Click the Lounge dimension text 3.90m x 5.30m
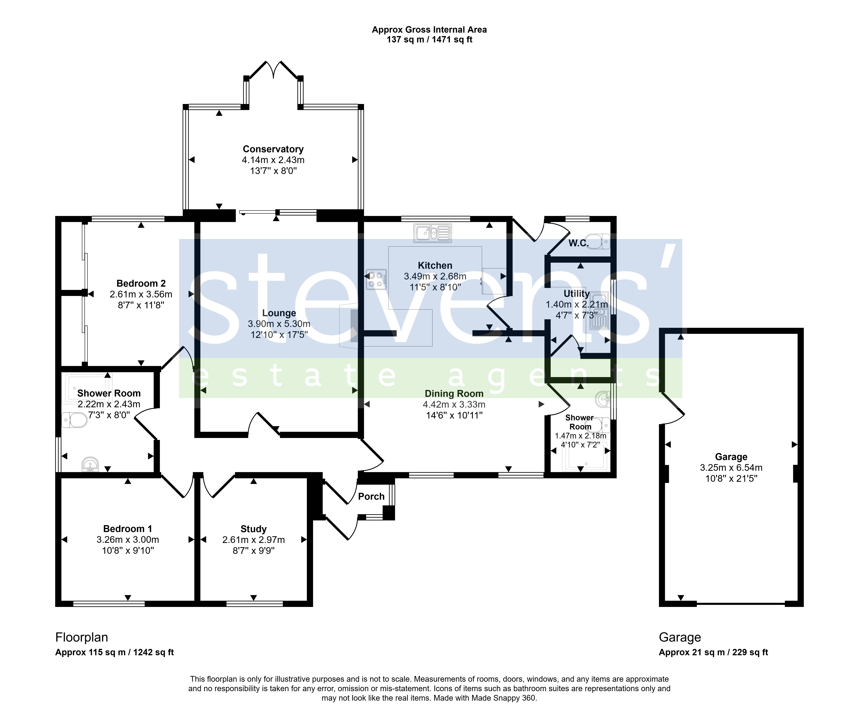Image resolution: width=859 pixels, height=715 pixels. [279, 324]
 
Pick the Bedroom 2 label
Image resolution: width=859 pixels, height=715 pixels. [141, 283]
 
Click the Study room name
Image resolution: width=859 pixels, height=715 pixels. [254, 529]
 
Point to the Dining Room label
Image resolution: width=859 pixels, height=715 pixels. [454, 394]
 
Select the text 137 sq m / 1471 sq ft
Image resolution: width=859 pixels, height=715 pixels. [429, 40]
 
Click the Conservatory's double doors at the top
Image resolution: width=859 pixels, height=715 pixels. [273, 70]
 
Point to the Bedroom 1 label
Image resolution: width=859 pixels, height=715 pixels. [128, 529]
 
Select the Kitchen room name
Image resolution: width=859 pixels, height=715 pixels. [435, 266]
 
